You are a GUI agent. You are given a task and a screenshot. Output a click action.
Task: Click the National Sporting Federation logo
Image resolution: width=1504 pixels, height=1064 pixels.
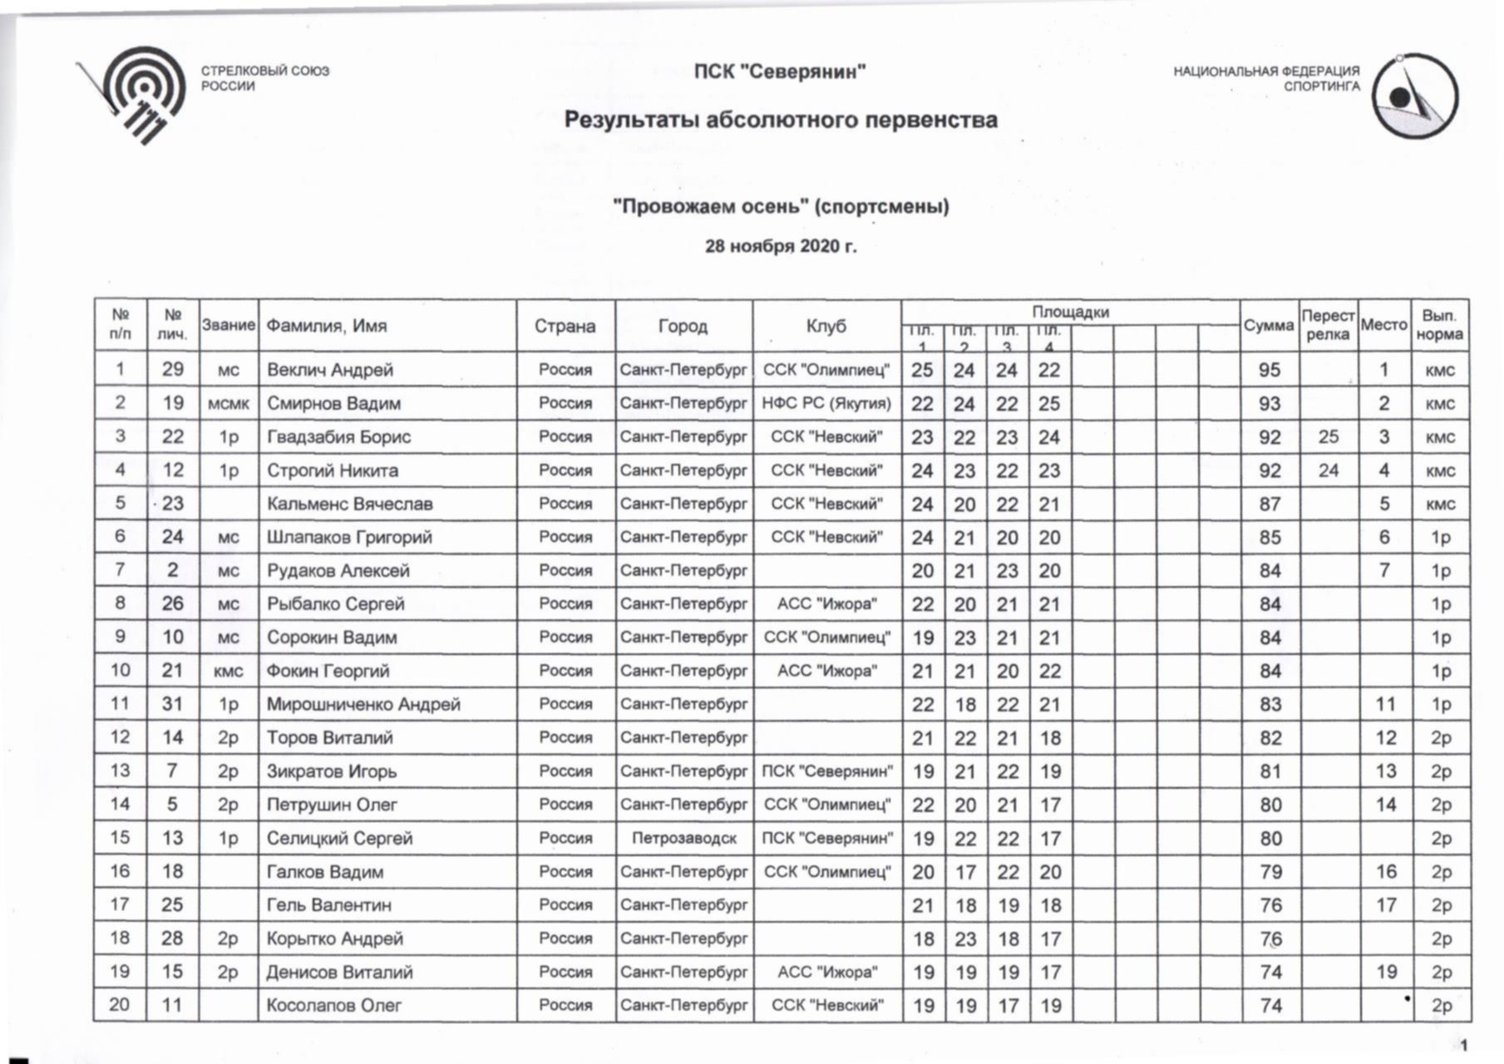pos(1414,96)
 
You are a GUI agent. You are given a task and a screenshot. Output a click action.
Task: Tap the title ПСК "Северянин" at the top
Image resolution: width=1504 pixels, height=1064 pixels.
pos(780,72)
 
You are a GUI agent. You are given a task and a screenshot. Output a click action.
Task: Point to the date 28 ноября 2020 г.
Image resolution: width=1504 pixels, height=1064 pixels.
pos(780,247)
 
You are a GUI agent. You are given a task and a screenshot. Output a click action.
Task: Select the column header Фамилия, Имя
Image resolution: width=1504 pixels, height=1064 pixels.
pos(326,326)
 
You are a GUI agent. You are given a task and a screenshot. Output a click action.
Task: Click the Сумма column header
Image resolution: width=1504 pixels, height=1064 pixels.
pos(1269,326)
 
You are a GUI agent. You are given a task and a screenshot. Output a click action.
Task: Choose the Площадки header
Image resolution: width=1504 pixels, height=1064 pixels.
pos(1070,313)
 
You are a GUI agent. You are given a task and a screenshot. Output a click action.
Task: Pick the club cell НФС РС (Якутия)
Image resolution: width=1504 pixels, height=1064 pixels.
pos(826,404)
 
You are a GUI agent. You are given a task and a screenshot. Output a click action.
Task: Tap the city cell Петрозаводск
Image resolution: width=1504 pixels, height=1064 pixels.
pos(683,838)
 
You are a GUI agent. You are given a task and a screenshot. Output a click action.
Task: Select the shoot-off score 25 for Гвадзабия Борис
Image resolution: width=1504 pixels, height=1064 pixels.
pos(1328,436)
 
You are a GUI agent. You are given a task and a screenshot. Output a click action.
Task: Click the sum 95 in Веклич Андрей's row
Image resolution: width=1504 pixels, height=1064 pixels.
pos(1269,370)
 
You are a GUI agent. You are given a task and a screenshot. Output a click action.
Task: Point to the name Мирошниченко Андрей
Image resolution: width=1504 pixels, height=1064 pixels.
pos(362,705)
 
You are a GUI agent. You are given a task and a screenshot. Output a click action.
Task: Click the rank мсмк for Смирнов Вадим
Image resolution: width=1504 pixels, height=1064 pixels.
pos(228,404)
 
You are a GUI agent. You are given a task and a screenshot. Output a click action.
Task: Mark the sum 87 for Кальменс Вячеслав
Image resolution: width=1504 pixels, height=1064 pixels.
pos(1269,504)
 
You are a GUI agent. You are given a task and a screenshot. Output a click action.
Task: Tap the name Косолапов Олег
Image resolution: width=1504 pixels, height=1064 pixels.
pos(333,1006)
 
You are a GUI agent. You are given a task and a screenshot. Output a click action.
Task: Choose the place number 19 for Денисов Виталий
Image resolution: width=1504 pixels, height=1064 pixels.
pos(1385,972)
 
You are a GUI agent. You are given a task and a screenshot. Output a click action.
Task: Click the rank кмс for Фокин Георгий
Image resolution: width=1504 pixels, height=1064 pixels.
pos(228,672)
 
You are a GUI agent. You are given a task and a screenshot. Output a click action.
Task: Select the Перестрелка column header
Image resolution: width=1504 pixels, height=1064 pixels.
pos(1328,325)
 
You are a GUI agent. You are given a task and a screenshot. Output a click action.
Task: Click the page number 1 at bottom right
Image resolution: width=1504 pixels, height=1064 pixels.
pos(1463,1045)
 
